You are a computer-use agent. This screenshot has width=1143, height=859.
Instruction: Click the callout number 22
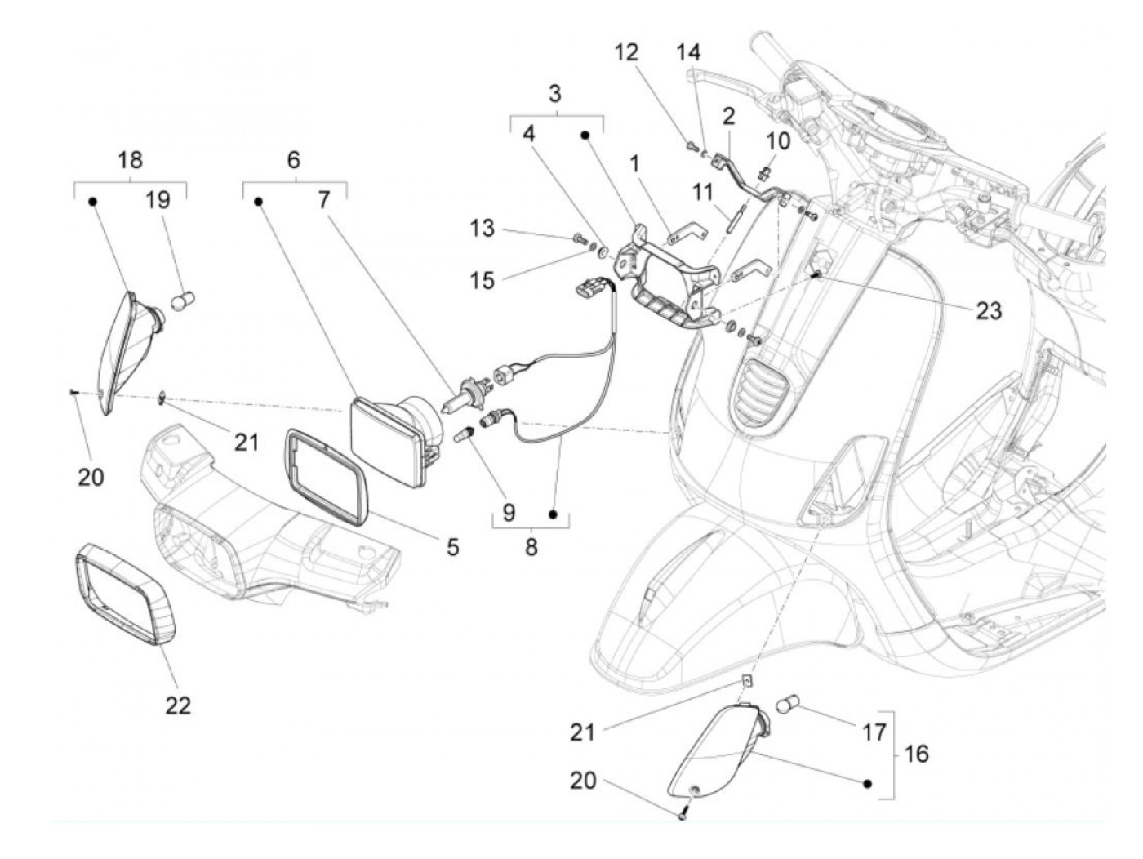(177, 704)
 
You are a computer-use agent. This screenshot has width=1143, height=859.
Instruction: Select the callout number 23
(988, 310)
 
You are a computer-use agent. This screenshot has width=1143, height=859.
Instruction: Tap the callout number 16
(917, 753)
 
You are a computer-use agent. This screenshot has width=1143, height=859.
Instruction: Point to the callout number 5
(451, 545)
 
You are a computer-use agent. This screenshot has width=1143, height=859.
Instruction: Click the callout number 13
(483, 228)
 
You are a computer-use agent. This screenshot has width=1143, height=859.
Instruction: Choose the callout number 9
(509, 512)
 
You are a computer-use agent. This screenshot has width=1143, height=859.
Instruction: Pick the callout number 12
(626, 52)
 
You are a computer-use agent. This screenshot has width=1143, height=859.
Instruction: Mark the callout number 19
(158, 198)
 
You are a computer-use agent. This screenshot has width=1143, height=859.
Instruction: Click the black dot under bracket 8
(553, 514)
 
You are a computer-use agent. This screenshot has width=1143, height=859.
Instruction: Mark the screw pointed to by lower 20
(683, 814)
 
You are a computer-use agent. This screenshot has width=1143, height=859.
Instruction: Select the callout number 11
(703, 194)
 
